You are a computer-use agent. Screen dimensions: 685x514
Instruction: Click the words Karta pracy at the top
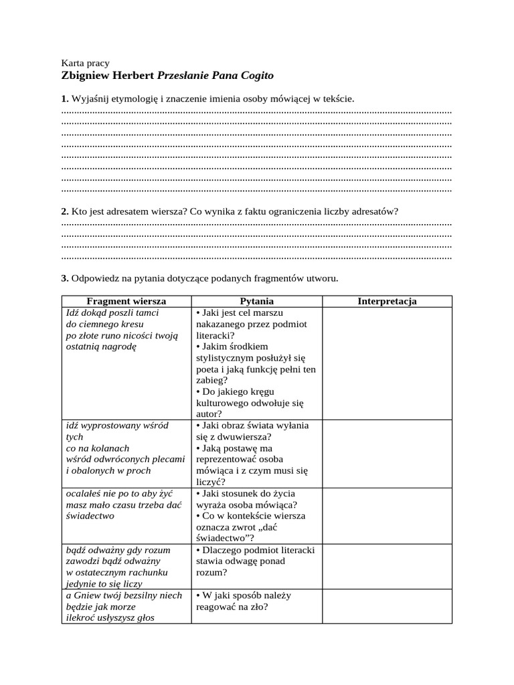click(85, 63)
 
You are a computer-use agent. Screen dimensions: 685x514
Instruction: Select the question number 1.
click(64, 99)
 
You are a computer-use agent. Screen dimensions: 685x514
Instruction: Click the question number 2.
click(64, 211)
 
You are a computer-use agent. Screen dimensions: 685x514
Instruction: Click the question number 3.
click(64, 278)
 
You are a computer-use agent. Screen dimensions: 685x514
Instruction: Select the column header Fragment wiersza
click(126, 301)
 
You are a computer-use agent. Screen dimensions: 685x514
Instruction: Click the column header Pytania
click(256, 301)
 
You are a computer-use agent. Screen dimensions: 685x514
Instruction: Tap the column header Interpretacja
click(387, 301)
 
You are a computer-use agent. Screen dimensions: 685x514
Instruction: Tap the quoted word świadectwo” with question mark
click(226, 539)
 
